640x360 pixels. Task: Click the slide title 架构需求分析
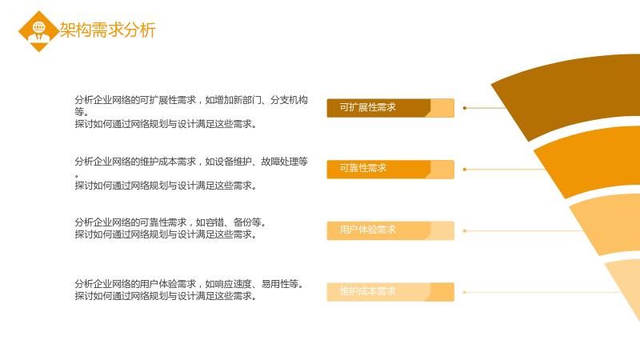click(108, 30)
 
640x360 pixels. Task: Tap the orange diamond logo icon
click(39, 31)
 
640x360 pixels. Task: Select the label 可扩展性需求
click(368, 107)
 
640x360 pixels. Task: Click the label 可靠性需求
click(363, 168)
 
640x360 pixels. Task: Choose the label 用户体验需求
click(368, 230)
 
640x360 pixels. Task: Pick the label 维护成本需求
click(368, 291)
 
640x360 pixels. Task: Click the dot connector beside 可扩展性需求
click(465, 108)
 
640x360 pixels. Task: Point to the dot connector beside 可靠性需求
click(465, 170)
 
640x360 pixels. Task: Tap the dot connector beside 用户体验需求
click(465, 231)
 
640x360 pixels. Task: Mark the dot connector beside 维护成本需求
click(465, 292)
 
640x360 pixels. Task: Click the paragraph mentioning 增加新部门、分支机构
click(191, 112)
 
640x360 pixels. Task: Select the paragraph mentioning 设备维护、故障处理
click(191, 174)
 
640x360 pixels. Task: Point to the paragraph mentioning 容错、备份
click(170, 228)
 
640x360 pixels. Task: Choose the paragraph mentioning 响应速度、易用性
click(190, 290)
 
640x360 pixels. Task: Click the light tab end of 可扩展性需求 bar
click(442, 108)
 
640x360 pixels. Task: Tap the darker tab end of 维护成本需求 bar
click(442, 292)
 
